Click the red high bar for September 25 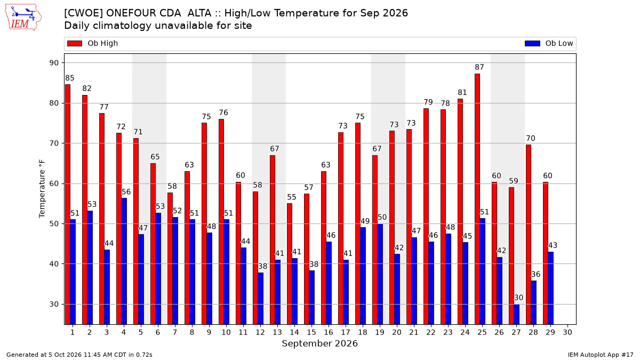click(477, 199)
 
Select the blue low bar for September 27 click(517, 314)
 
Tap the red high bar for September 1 click(68, 205)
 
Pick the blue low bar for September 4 click(124, 261)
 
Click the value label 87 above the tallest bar click(479, 67)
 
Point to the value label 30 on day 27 click(518, 298)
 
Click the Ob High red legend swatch click(75, 43)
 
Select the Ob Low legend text click(559, 43)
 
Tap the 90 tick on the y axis click(54, 63)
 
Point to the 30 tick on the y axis click(54, 305)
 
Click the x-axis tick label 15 click(311, 333)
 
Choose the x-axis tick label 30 click(567, 333)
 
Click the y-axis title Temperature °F click(42, 189)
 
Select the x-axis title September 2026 click(319, 343)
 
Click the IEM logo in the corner click(23, 18)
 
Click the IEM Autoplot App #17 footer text click(601, 355)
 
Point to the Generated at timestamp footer click(79, 355)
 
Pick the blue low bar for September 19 click(380, 274)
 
